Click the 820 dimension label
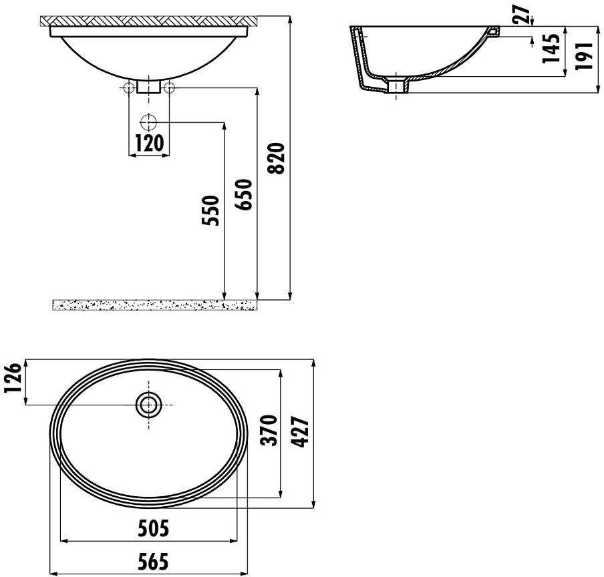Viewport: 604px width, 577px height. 277,158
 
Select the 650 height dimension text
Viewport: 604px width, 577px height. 243,194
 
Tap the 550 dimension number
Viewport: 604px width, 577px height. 210,210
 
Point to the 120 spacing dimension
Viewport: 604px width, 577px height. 149,143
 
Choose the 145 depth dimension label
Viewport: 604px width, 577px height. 551,48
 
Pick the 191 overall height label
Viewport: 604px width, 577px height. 584,56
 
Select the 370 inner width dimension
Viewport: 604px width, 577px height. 269,430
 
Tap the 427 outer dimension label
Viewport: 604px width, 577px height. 301,431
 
